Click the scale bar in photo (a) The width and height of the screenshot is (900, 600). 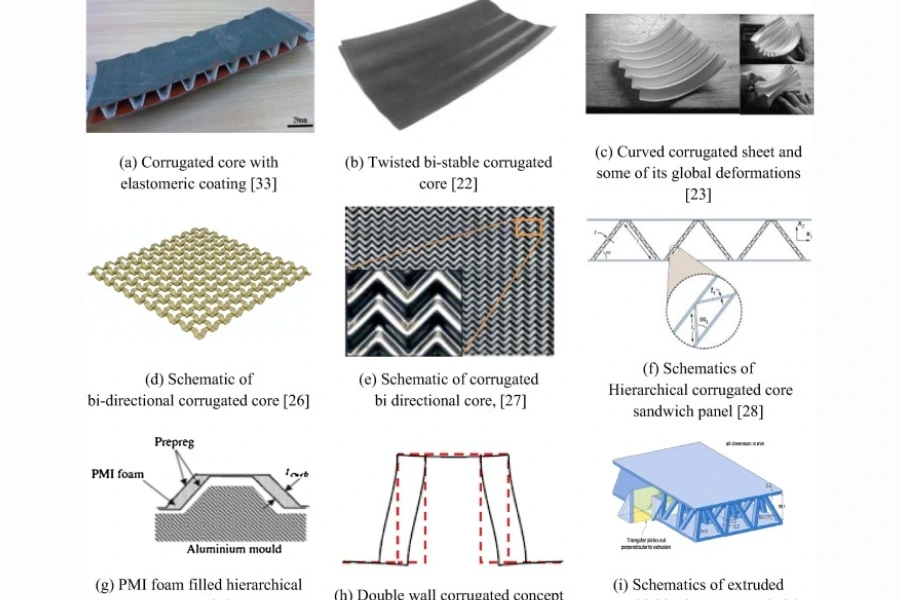pos(297,121)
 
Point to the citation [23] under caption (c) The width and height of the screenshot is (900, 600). pos(698,195)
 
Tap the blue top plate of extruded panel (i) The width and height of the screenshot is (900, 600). pos(700,470)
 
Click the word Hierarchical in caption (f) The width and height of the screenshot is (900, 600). pos(651,390)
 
